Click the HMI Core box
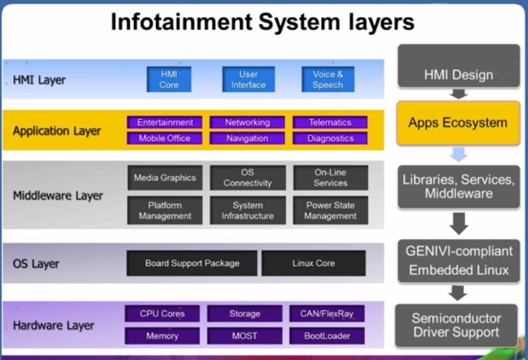[169, 80]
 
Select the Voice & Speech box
[328, 80]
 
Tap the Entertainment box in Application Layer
[165, 122]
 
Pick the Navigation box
[247, 138]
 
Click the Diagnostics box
[331, 138]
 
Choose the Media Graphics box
[165, 178]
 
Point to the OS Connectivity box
[248, 178]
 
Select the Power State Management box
[331, 210]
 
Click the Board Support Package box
[192, 263]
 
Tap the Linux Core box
[314, 263]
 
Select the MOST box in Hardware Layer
[245, 336]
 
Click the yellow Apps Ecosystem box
[458, 123]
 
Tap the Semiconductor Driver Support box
[457, 325]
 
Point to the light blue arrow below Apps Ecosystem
[459, 154]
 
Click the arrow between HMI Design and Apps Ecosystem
[459, 93]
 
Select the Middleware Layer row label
[58, 196]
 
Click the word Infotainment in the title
[181, 22]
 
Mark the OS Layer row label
[36, 263]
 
